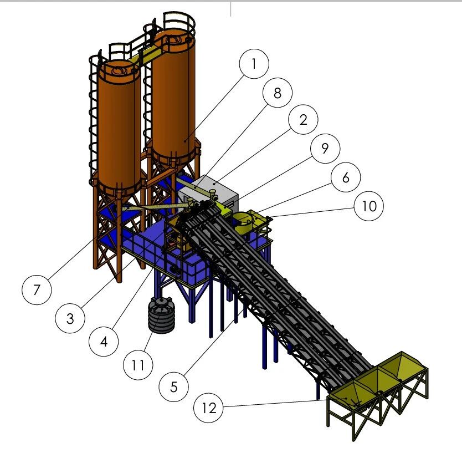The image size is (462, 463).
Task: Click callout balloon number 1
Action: pyautogui.click(x=254, y=64)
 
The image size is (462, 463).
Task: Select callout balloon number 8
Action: pyautogui.click(x=278, y=93)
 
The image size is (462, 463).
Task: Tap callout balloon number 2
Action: pyautogui.click(x=303, y=120)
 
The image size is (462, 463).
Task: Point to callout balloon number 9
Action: pyautogui.click(x=325, y=148)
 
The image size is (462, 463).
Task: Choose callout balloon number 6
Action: pyautogui.click(x=346, y=177)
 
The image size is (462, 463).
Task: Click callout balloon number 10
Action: pyautogui.click(x=369, y=206)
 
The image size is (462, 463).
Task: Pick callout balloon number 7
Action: pyautogui.click(x=37, y=290)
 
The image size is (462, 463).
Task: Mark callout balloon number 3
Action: pyautogui.click(x=70, y=318)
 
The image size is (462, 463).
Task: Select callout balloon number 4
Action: pyautogui.click(x=104, y=342)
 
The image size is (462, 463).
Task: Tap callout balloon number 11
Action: pyautogui.click(x=138, y=365)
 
